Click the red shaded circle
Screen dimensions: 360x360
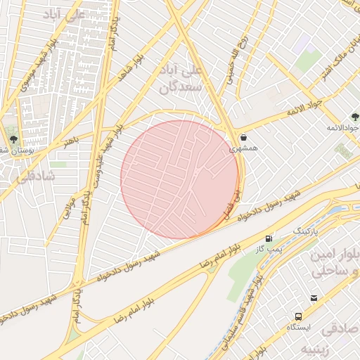179,179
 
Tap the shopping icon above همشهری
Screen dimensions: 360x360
243,137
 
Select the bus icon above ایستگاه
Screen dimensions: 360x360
299,316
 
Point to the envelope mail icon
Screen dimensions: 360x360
314,298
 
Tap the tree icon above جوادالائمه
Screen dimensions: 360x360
355,116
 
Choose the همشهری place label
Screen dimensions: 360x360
243,149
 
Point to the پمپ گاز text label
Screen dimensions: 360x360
267,250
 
